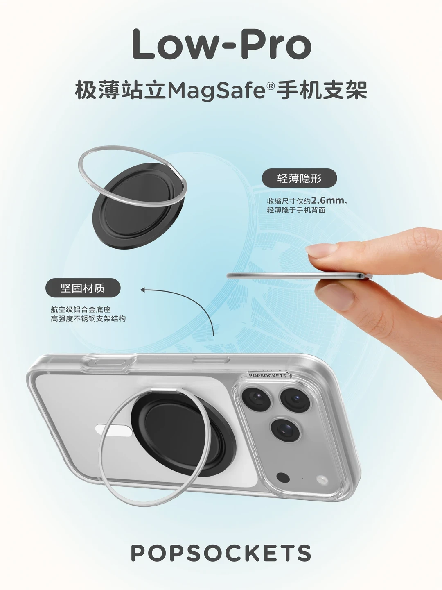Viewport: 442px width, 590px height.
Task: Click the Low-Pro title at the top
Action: tap(222, 45)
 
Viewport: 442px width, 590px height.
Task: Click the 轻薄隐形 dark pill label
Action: tap(299, 178)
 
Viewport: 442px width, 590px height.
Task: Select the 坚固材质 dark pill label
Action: tap(83, 288)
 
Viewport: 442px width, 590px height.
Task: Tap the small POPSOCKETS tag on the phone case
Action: tap(268, 375)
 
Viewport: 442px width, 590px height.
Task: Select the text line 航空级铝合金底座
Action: tap(81, 309)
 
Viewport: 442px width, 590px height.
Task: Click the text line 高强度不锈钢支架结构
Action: tap(88, 319)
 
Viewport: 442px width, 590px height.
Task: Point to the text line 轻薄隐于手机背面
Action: tap(296, 210)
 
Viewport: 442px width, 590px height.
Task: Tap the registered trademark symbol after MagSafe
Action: tap(271, 86)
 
